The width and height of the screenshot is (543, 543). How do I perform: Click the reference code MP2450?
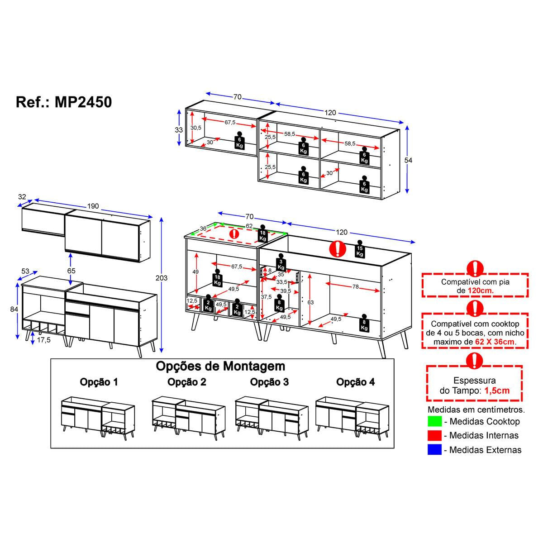[x=83, y=102]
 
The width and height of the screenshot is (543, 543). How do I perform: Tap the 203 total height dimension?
[x=162, y=278]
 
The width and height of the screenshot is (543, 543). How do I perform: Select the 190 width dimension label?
[x=93, y=206]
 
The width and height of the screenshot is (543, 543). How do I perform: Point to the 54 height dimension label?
[x=408, y=160]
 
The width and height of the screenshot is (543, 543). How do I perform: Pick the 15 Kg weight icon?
[x=360, y=249]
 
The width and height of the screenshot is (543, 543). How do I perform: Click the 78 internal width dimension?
[x=355, y=286]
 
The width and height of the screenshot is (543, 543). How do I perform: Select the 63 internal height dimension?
[x=310, y=302]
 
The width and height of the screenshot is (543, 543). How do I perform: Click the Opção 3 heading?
[x=269, y=382]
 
